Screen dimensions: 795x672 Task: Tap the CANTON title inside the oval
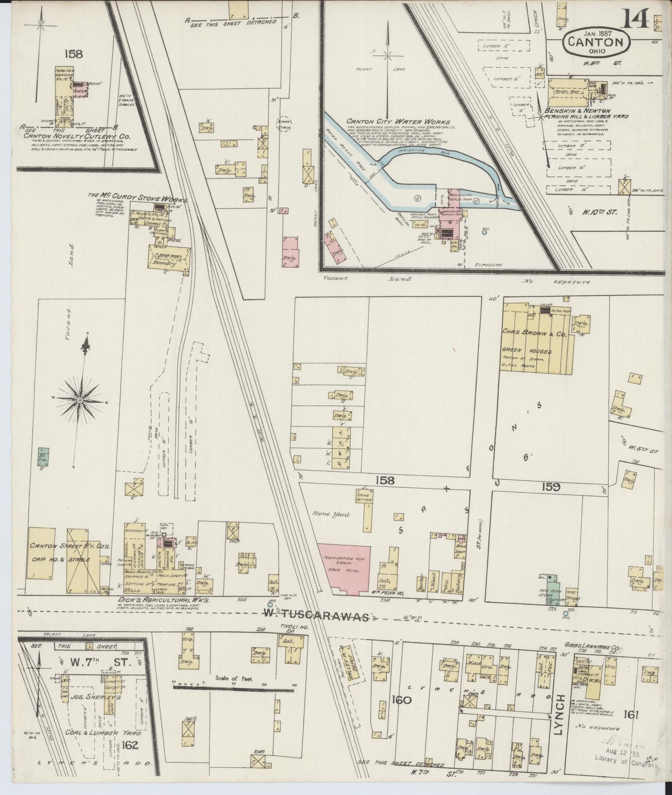[x=597, y=42]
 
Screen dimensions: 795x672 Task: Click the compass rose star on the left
[x=80, y=399]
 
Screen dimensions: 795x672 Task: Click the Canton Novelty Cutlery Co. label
[x=77, y=137]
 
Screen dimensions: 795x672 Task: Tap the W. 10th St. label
[x=599, y=212]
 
